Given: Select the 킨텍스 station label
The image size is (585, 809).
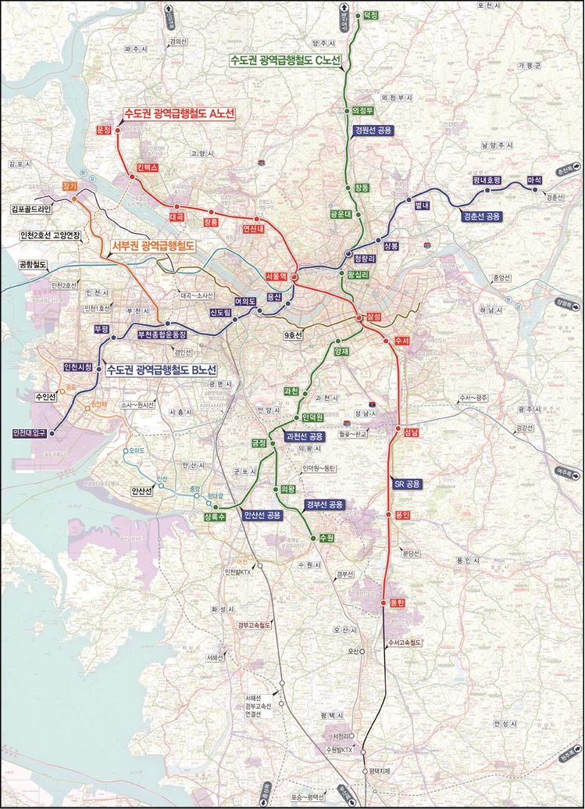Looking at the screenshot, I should click(147, 168).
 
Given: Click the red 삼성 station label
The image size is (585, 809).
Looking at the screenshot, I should click(373, 317).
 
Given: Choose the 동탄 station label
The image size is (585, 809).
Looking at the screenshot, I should click(396, 603).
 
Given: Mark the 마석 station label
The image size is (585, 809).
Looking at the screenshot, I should click(535, 180).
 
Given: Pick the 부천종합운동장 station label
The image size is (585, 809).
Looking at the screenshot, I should click(162, 334).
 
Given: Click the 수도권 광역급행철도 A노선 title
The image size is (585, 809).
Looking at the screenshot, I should click(180, 113).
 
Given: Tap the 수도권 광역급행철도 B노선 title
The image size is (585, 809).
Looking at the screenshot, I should click(161, 369).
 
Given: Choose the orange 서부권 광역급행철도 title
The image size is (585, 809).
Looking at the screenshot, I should click(152, 245).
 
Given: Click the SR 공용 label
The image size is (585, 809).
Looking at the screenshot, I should click(408, 484).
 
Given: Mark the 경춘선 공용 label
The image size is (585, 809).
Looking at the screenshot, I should click(482, 217).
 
